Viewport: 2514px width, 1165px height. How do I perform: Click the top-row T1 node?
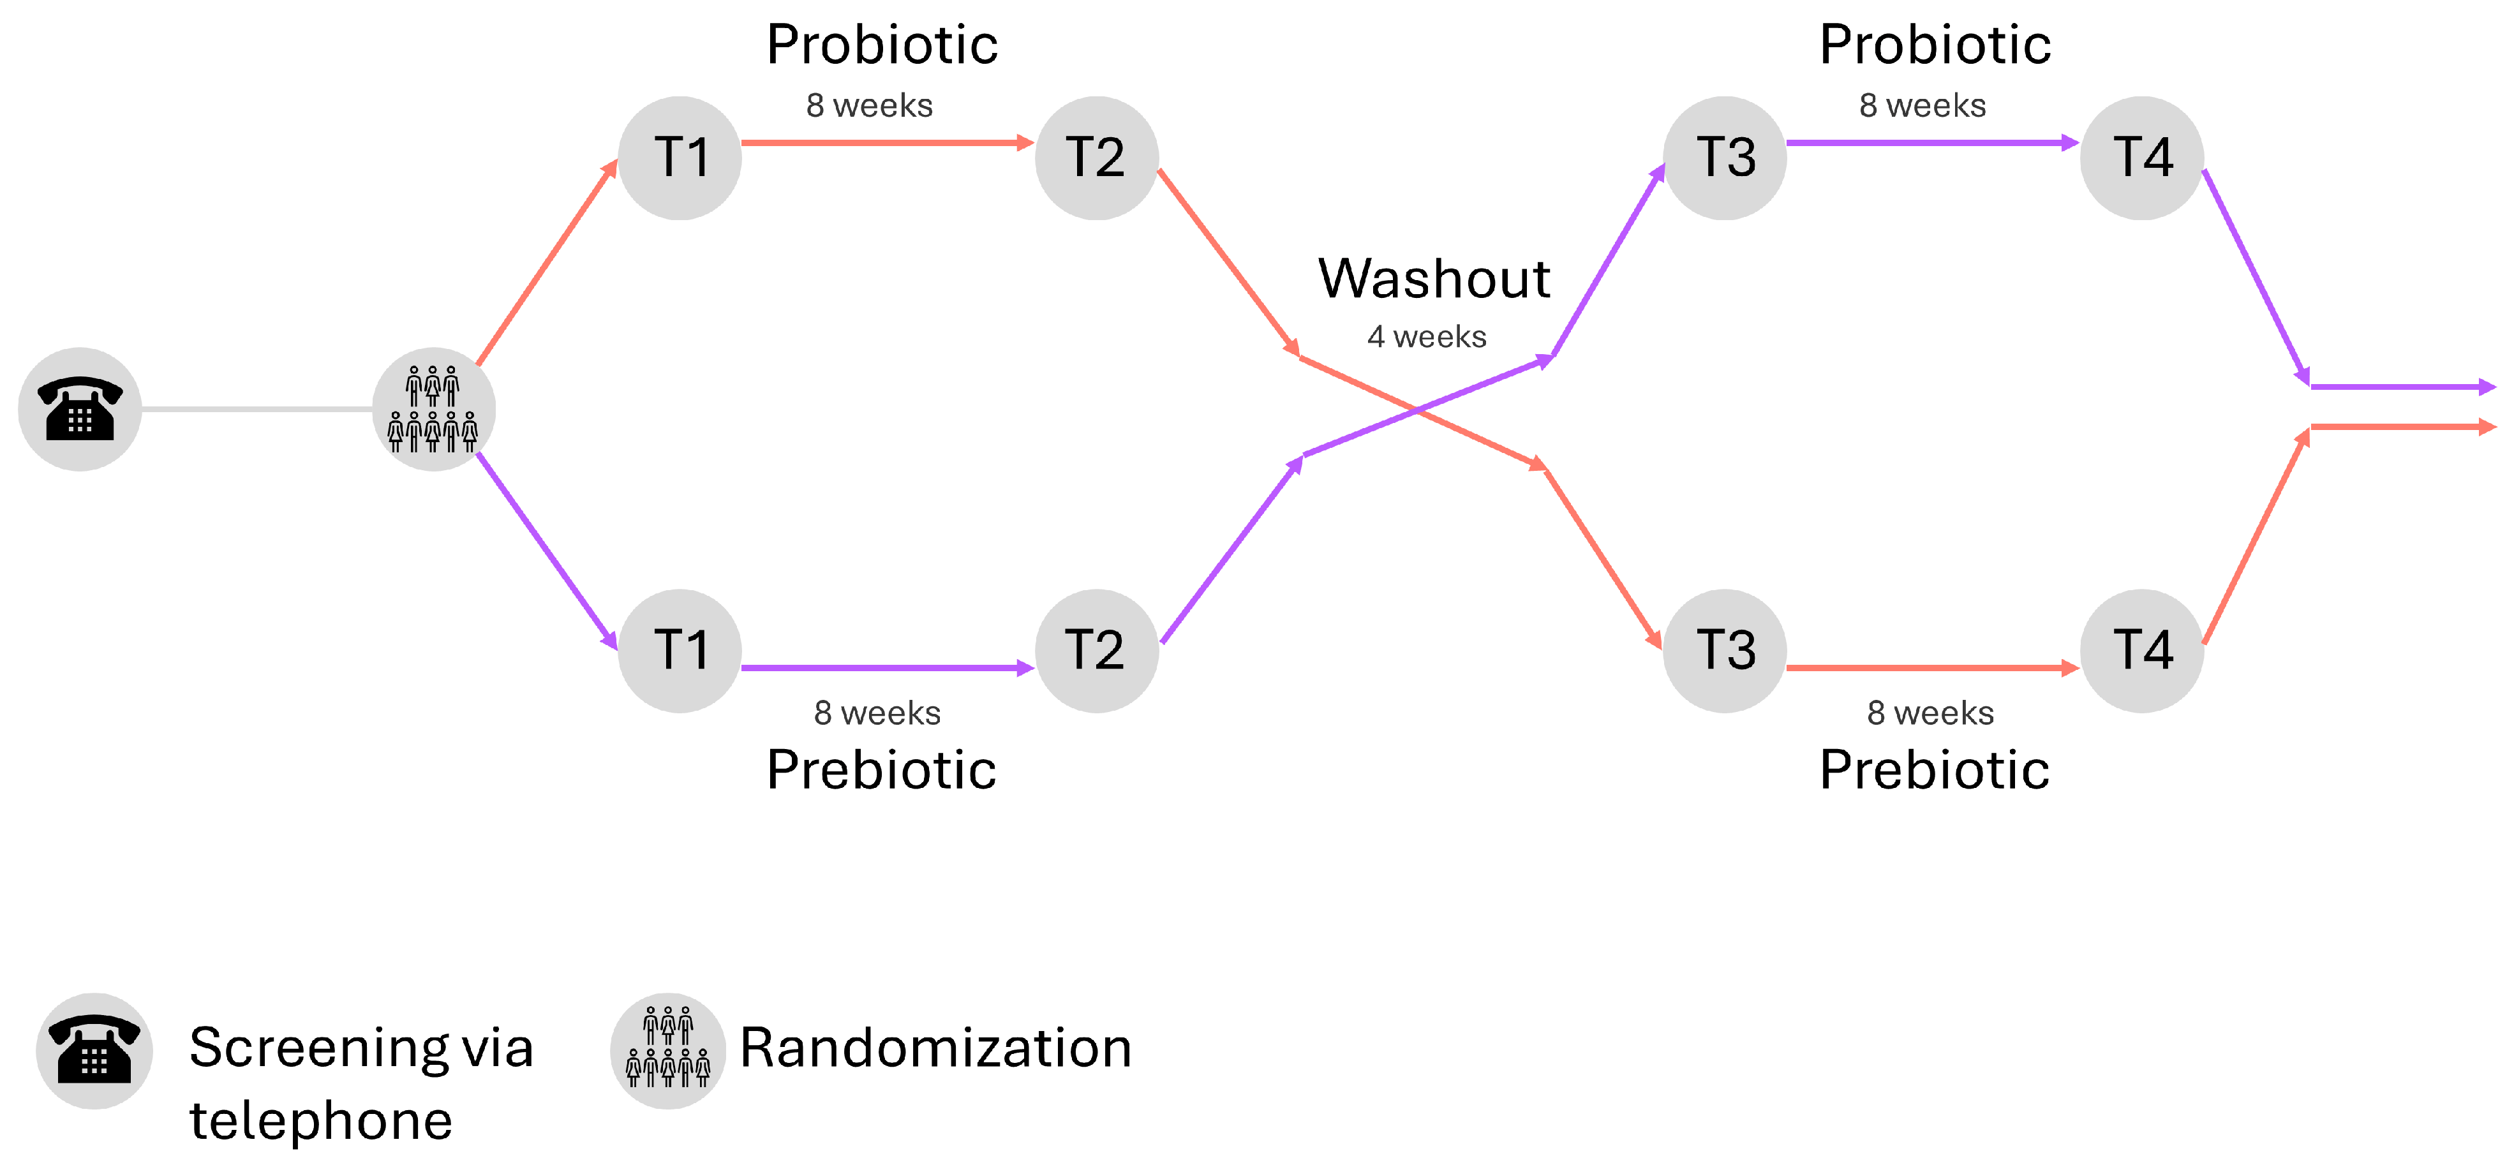click(x=680, y=158)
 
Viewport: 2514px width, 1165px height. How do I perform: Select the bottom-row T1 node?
click(x=680, y=651)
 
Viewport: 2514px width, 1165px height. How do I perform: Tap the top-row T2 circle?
click(x=1096, y=158)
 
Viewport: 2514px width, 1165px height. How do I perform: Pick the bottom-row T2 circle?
click(x=1096, y=651)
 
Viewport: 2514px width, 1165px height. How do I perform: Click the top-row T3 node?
click(x=1725, y=158)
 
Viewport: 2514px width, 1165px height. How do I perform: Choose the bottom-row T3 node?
click(x=1725, y=651)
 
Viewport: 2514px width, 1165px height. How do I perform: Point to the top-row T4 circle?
click(x=2141, y=158)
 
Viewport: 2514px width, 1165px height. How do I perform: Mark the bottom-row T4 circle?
click(x=2141, y=651)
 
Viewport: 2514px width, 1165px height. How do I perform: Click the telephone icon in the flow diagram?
click(x=80, y=409)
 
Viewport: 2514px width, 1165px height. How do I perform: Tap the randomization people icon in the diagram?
click(x=433, y=409)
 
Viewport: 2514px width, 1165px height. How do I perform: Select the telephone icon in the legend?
click(x=94, y=1051)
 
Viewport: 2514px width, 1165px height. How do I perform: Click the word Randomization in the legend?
click(x=935, y=1048)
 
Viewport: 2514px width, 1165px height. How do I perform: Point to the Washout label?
click(x=1434, y=279)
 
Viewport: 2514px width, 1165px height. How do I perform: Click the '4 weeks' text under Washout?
click(x=1426, y=337)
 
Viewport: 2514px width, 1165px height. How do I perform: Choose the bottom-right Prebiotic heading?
click(x=1934, y=770)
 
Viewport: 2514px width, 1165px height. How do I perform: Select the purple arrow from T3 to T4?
click(x=1932, y=144)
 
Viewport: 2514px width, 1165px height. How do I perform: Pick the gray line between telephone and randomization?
click(x=257, y=410)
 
